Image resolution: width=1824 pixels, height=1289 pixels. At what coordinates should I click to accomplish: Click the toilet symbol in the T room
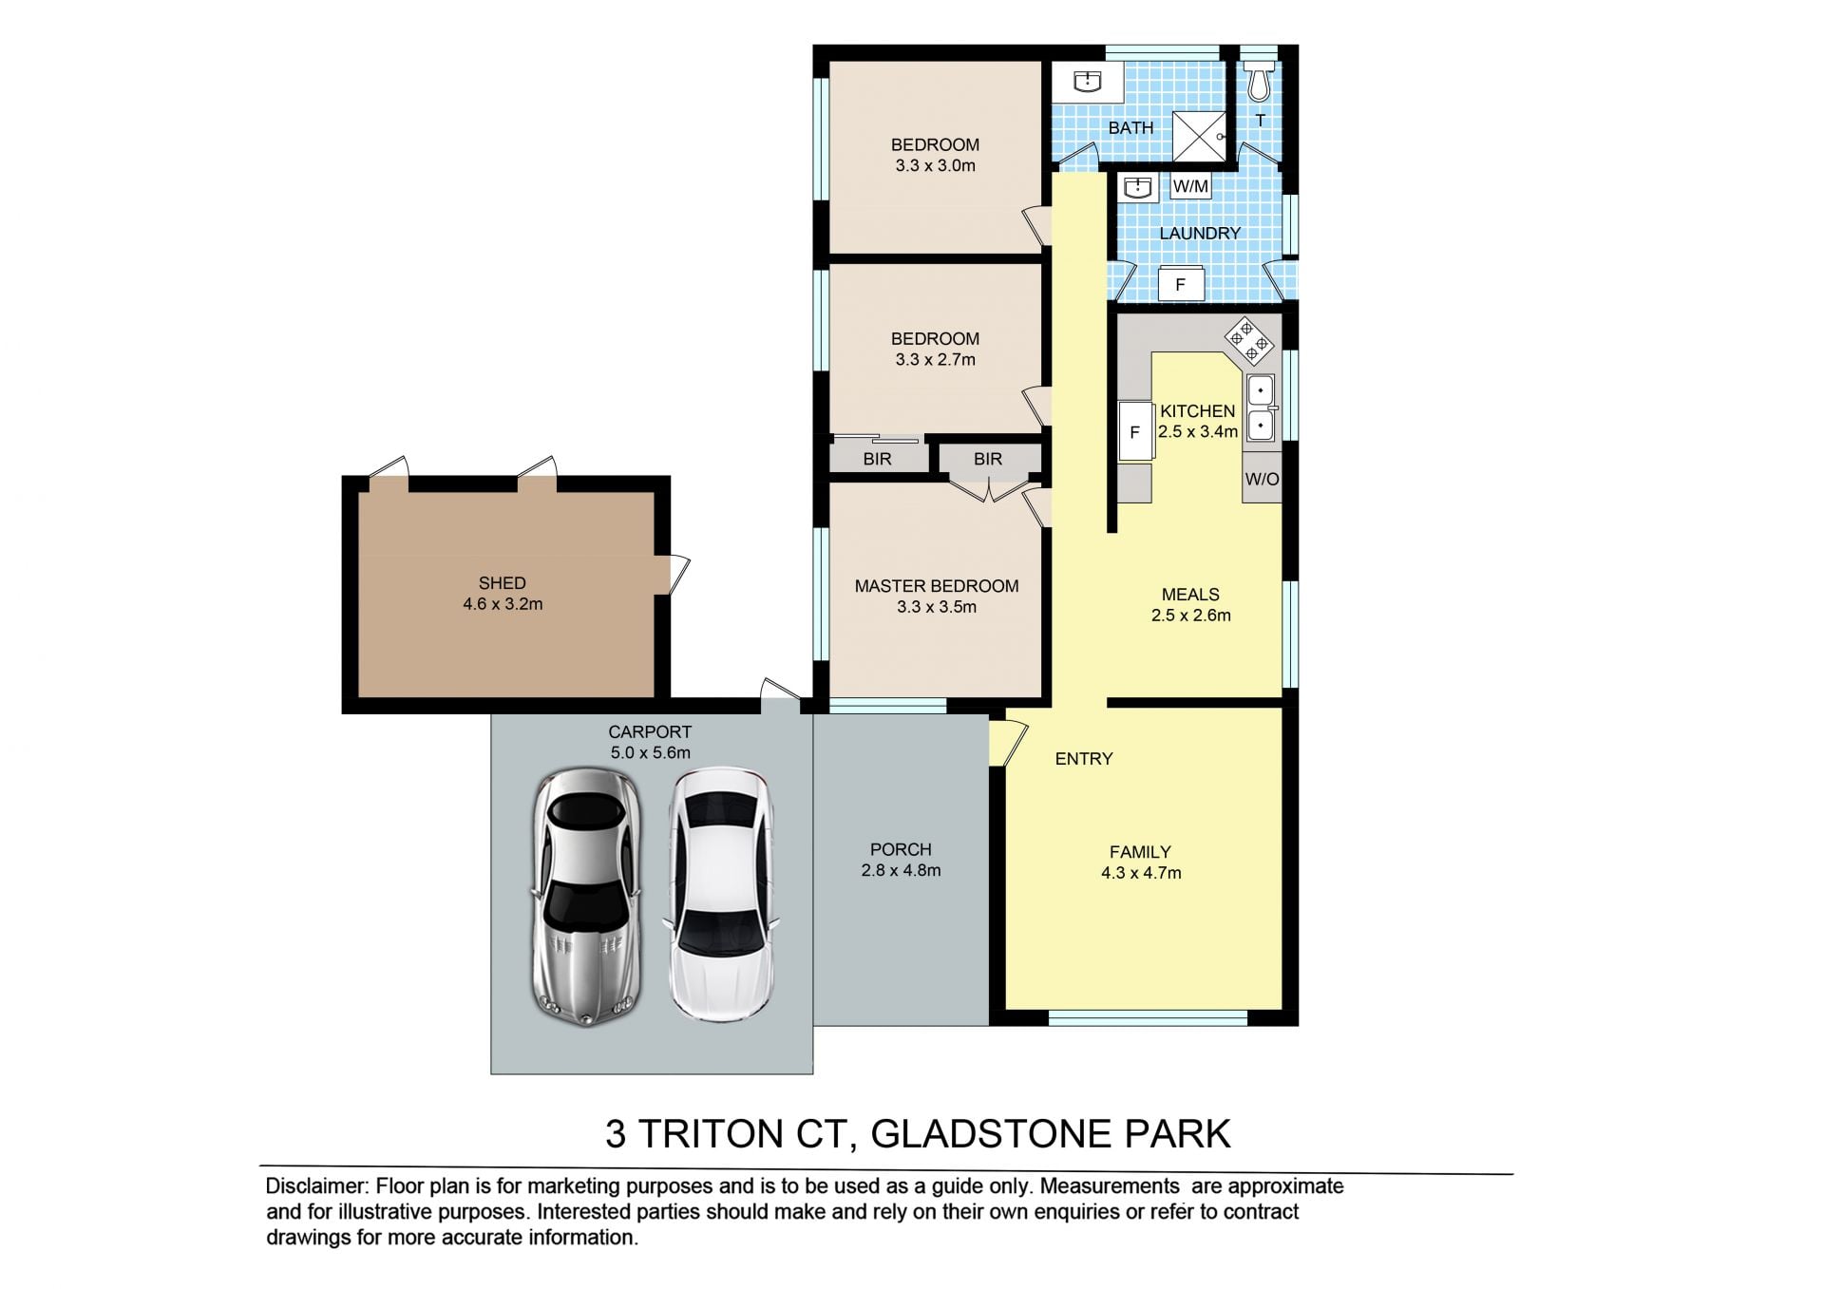tap(1259, 81)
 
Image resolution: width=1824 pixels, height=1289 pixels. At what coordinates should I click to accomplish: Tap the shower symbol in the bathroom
tap(1199, 137)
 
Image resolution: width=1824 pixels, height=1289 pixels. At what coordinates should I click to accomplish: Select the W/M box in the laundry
tap(1190, 186)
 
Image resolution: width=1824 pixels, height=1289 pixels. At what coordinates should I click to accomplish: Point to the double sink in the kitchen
tap(1260, 408)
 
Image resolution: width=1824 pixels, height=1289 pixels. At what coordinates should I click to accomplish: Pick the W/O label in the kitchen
tap(1262, 479)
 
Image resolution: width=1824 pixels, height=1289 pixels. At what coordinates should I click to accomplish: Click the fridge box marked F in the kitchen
tap(1134, 431)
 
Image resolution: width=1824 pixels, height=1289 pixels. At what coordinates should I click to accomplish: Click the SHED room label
tap(502, 583)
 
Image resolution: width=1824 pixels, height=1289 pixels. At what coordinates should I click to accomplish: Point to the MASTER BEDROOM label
tap(937, 586)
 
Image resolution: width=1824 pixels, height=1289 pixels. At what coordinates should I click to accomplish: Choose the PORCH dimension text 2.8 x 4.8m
tap(901, 870)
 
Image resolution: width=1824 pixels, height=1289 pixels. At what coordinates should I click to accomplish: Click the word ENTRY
tap(1084, 759)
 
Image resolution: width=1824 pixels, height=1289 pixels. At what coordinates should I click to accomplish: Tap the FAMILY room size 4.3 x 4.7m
tap(1141, 873)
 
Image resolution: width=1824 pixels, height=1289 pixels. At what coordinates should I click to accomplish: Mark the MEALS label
tap(1190, 595)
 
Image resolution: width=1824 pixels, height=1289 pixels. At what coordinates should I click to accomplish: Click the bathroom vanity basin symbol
tap(1087, 82)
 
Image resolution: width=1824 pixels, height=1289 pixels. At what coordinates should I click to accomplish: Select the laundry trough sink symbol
tap(1137, 187)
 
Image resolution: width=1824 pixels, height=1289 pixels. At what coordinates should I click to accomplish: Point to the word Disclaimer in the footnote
tap(315, 1186)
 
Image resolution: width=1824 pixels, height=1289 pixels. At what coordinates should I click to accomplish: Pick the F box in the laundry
tap(1181, 284)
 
